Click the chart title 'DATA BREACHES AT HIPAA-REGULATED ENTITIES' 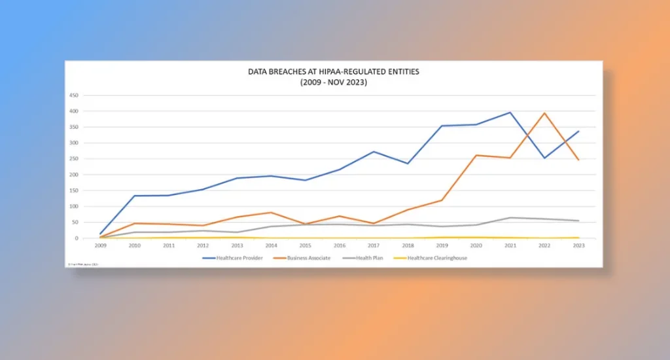tap(335, 73)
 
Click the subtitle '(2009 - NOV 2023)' tap(335, 82)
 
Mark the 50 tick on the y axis tap(93, 223)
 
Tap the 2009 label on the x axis tap(100, 246)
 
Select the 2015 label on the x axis tap(305, 246)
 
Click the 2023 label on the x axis tap(578, 246)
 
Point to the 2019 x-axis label tap(442, 246)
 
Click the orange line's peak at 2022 tap(544, 113)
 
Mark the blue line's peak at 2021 tap(510, 113)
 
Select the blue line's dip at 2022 tap(544, 158)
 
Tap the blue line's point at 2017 tap(374, 152)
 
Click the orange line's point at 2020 tap(476, 155)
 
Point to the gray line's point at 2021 tap(510, 217)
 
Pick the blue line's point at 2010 tap(134, 196)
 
